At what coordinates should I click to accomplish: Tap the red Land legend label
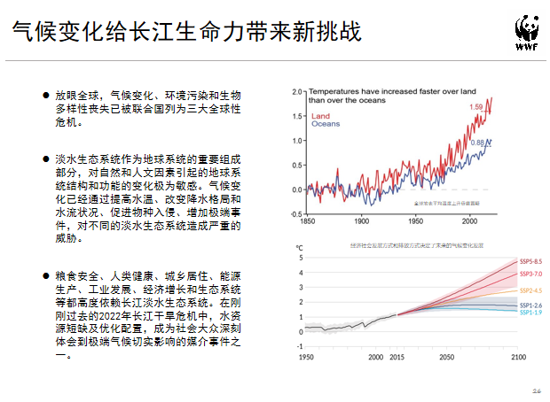click(320, 116)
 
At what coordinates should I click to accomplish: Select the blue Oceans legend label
click(326, 125)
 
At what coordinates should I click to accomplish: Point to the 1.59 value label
click(475, 108)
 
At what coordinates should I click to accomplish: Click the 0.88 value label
click(477, 143)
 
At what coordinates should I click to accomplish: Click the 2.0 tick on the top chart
click(297, 91)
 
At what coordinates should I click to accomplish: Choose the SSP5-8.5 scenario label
click(530, 261)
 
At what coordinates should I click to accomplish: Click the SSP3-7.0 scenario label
click(530, 274)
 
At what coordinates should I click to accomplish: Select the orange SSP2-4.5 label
click(530, 290)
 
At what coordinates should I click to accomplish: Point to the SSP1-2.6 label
click(530, 305)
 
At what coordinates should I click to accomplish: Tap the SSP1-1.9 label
click(530, 313)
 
